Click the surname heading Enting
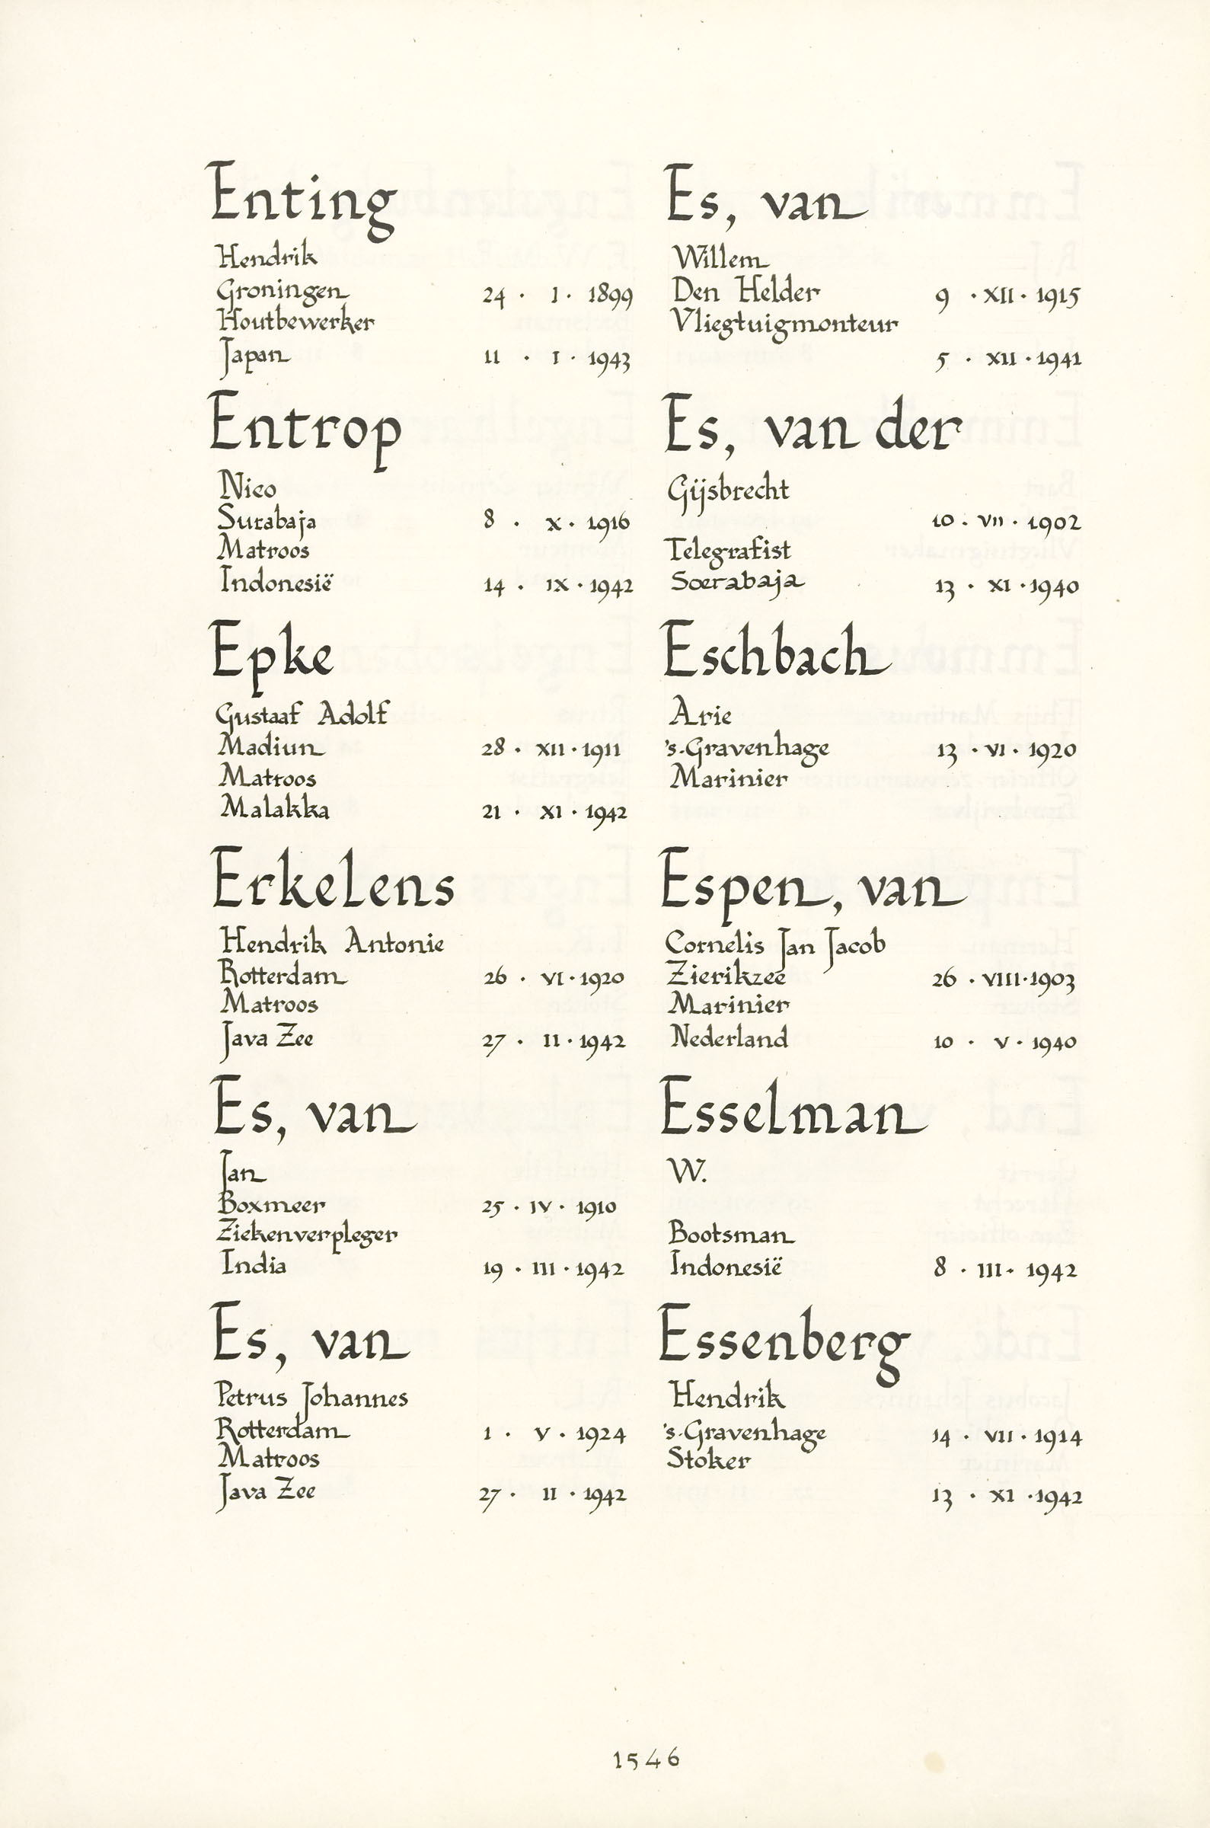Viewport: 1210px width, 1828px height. click(x=303, y=197)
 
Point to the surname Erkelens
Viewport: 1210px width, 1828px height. click(x=333, y=883)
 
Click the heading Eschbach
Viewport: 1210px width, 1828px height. click(x=774, y=653)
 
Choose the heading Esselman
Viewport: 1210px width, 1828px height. click(x=793, y=1109)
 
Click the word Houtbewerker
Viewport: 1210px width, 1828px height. click(x=295, y=321)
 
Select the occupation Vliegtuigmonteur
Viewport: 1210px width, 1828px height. click(x=785, y=322)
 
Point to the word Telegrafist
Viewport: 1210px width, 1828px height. click(x=730, y=550)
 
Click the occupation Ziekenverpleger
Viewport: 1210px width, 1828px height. click(x=307, y=1235)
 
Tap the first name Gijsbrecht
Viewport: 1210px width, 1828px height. click(x=729, y=489)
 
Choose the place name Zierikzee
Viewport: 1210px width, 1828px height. click(x=726, y=976)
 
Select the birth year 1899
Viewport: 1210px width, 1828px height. click(x=610, y=296)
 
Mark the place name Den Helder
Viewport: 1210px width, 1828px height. click(x=745, y=291)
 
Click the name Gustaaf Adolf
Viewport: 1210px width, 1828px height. click(x=302, y=714)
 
